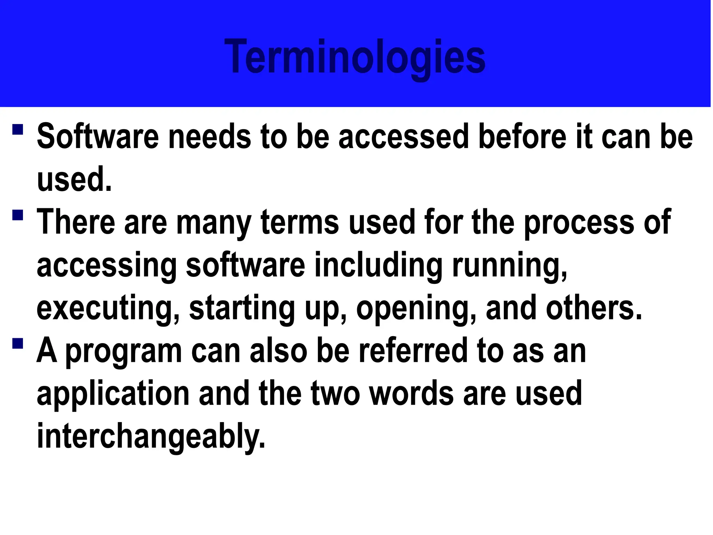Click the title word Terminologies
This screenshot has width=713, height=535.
tap(355, 57)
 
